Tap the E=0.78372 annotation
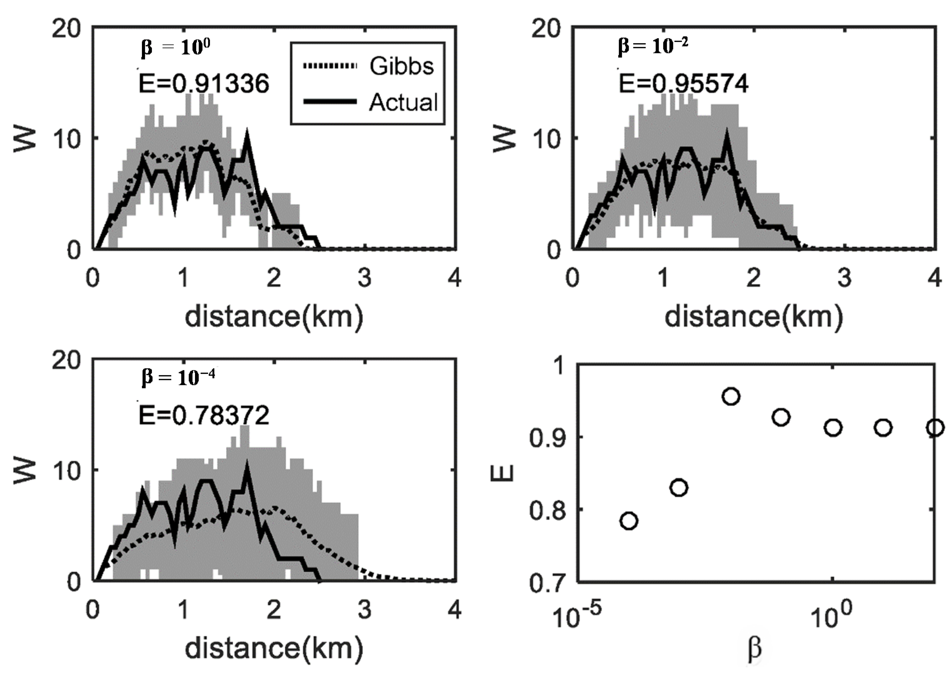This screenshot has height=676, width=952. tap(203, 415)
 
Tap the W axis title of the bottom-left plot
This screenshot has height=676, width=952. tap(25, 471)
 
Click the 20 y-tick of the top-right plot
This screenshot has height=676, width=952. tap(544, 30)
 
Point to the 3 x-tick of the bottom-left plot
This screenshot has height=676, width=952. tap(365, 610)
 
